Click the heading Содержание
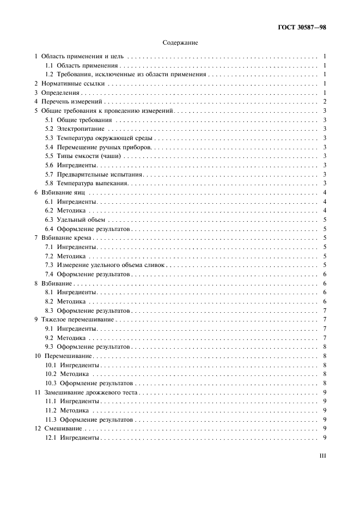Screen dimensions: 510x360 pos(180,42)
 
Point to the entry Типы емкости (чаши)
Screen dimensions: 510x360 pos(83,156)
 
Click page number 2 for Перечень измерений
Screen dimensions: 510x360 pos(324,102)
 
